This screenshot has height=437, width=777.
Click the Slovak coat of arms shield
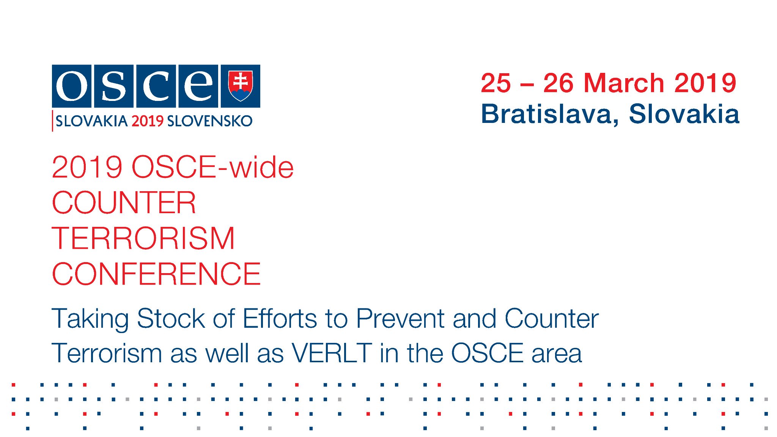240,86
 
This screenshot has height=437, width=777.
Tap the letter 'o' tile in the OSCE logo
72,86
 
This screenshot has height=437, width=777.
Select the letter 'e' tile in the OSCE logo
198,86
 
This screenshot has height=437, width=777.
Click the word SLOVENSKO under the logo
210,121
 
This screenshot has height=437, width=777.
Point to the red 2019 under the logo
148,121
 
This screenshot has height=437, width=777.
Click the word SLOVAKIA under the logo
91,121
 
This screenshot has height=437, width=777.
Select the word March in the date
624,83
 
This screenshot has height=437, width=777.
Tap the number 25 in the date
496,83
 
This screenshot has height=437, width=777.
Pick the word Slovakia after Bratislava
684,113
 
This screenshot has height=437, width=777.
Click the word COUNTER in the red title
124,203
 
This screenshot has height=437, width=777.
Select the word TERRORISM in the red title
143,238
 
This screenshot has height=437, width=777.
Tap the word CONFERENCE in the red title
156,274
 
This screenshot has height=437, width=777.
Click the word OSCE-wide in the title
213,167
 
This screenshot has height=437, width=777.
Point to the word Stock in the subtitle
171,318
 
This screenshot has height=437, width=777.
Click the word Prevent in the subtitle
400,318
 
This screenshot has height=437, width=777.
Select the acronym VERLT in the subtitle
332,353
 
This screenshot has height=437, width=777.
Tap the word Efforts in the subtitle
280,318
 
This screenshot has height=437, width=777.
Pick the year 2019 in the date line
705,83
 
